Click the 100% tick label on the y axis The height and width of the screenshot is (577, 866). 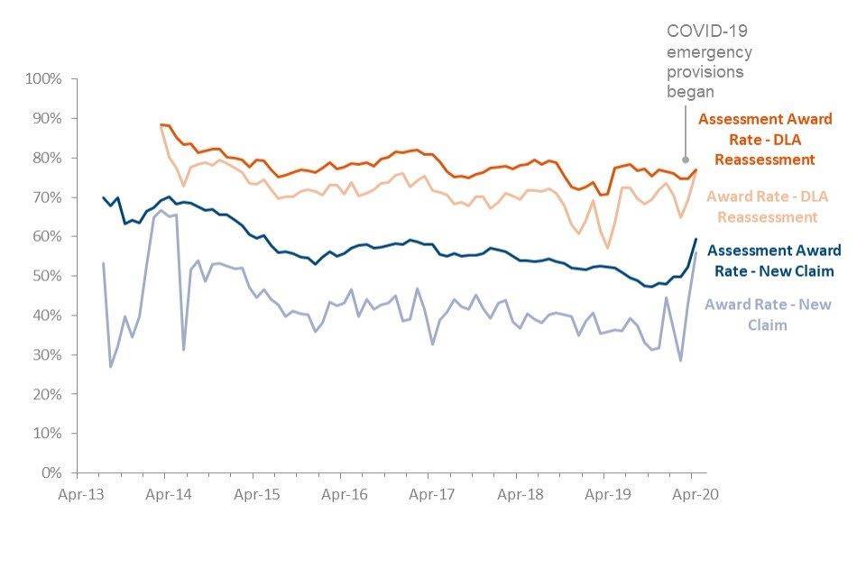tap(44, 79)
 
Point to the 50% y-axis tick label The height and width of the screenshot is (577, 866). tap(47, 276)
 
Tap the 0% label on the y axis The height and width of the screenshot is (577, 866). tap(53, 472)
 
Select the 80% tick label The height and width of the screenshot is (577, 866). tap(47, 158)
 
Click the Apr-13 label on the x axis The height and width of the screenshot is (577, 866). tap(77, 494)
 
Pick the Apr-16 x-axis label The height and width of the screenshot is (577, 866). tap(345, 494)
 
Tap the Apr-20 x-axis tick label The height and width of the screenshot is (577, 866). tap(696, 494)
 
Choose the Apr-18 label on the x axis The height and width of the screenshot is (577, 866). tap(521, 494)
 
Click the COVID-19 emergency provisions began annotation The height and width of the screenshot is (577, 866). tap(709, 61)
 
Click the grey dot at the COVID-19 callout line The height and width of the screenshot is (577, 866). tap(686, 160)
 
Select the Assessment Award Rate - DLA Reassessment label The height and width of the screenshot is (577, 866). tap(765, 139)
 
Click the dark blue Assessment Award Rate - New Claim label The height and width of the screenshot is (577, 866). tap(775, 260)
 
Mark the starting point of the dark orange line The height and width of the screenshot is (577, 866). tap(161, 124)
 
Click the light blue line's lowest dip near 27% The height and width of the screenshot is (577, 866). tap(111, 366)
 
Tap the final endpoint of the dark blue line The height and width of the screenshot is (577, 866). tap(696, 239)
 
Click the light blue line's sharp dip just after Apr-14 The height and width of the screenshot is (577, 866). tap(184, 350)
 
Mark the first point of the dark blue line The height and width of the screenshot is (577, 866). tap(103, 197)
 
